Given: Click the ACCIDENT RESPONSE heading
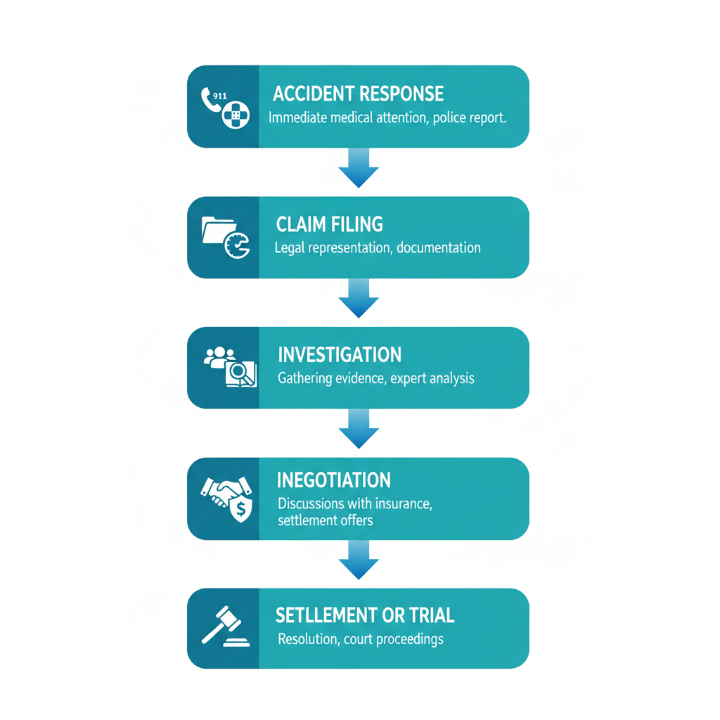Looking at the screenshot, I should pyautogui.click(x=358, y=94).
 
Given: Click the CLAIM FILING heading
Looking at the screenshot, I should pyautogui.click(x=330, y=224).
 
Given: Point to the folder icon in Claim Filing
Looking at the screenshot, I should pyautogui.click(x=216, y=230).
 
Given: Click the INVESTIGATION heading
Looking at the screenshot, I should pyautogui.click(x=340, y=354).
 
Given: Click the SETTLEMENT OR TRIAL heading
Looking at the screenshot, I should pyautogui.click(x=365, y=616).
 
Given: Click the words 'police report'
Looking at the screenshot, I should pyautogui.click(x=470, y=118).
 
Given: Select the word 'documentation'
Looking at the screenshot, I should pyautogui.click(x=439, y=247).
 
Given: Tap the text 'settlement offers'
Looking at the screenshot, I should pyautogui.click(x=326, y=521).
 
